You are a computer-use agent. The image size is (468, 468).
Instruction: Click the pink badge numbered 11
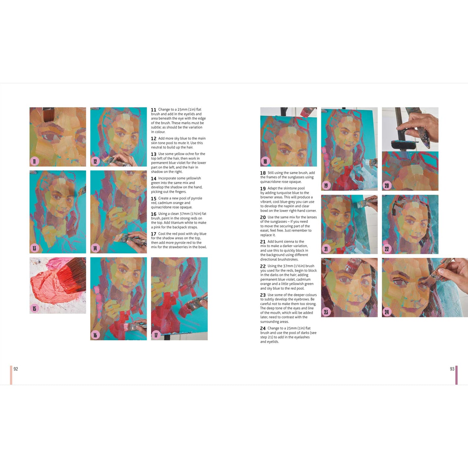(34, 161)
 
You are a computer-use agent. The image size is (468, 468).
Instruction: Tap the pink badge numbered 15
(34, 308)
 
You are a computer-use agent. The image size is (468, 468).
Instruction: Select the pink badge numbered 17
(156, 335)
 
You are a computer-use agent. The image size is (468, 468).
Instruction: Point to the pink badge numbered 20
(387, 186)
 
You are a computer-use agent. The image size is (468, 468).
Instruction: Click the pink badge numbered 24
(387, 312)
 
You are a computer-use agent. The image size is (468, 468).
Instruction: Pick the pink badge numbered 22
(387, 249)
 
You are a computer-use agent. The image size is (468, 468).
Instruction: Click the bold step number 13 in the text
(154, 154)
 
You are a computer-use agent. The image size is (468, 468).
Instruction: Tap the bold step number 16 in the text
(154, 214)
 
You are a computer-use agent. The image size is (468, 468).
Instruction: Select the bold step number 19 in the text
(263, 188)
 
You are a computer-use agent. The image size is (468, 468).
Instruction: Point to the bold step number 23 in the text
(263, 295)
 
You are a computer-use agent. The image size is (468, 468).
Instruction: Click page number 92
(16, 369)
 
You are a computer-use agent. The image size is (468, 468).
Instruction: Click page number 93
(452, 369)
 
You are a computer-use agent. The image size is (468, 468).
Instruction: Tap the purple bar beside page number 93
(456, 375)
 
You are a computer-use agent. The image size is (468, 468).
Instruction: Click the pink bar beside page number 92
(11, 375)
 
